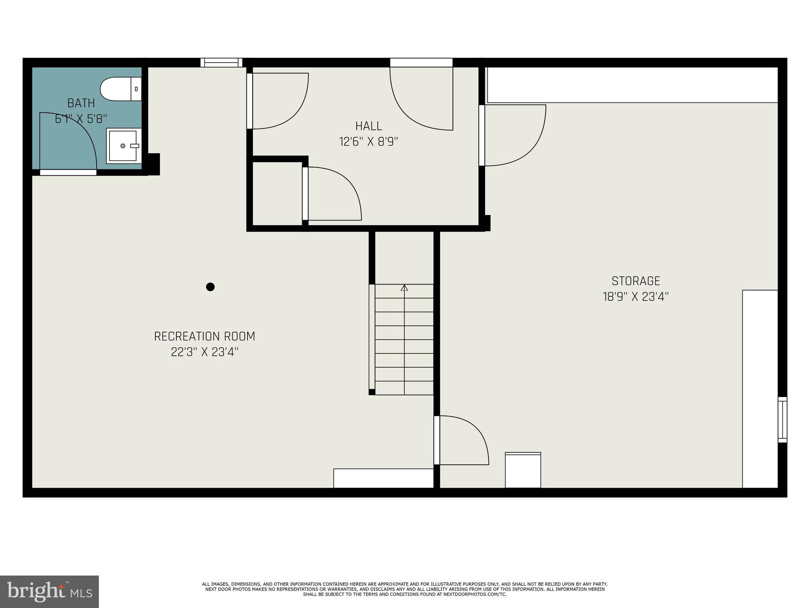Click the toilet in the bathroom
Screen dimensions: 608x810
(x=120, y=89)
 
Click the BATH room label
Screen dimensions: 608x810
(x=81, y=103)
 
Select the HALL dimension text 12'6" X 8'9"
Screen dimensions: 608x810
(x=368, y=142)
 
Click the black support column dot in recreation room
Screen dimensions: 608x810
(x=210, y=287)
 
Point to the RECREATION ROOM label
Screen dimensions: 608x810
(x=204, y=336)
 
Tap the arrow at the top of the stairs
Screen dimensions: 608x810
(x=404, y=288)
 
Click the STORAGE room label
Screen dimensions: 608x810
(x=636, y=281)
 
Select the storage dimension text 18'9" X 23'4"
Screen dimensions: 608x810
(x=636, y=297)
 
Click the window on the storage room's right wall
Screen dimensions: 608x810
(x=782, y=420)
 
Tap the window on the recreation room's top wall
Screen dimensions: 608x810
(x=221, y=63)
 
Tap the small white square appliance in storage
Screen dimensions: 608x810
(x=523, y=470)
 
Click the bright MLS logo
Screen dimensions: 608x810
(x=49, y=591)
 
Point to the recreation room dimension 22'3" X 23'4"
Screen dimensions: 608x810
(x=204, y=352)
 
